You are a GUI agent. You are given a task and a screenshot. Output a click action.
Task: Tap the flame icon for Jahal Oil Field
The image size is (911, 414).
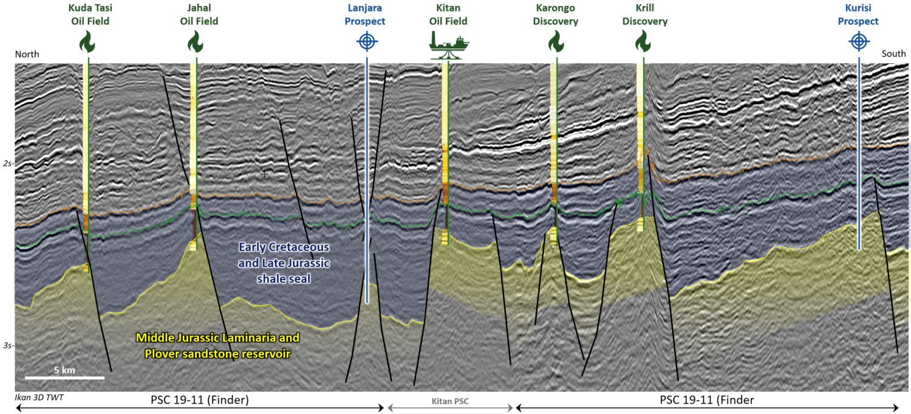[x=194, y=42]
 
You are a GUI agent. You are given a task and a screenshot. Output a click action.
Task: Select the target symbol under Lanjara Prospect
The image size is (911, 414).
[x=366, y=42]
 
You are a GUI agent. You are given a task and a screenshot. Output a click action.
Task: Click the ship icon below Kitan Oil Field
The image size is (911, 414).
[x=449, y=46]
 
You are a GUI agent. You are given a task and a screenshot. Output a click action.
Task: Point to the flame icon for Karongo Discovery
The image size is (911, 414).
[x=554, y=42]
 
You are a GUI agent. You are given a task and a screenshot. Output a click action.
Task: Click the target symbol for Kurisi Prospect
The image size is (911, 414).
[x=858, y=42]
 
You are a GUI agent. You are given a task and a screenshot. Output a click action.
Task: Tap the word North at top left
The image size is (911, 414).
[x=27, y=55]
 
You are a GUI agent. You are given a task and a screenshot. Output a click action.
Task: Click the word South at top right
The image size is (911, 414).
[x=893, y=55]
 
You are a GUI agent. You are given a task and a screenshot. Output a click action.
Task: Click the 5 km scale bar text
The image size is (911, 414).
[x=64, y=370]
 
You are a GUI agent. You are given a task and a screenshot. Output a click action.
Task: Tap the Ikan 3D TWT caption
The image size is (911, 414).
[x=39, y=398]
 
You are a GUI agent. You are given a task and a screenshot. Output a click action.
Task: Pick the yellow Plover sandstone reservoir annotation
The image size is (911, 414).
[x=217, y=345]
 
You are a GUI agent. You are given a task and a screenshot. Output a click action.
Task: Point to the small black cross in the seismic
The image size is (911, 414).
[x=264, y=174]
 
